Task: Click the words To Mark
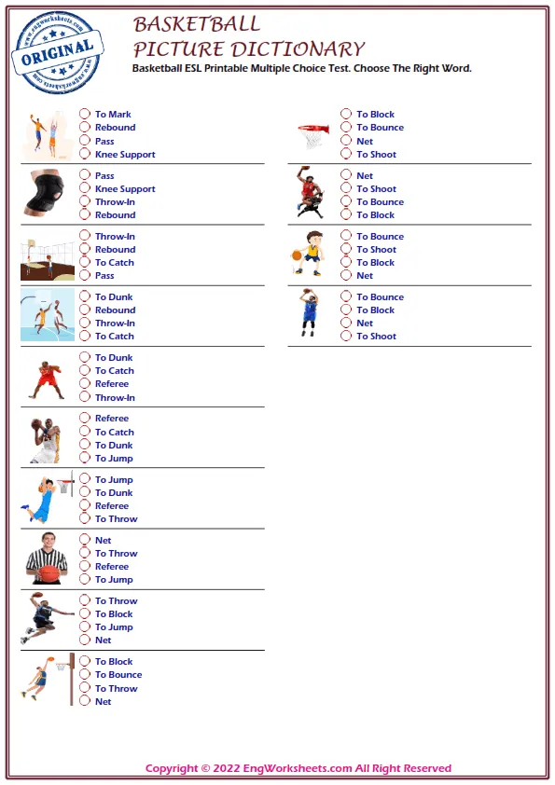(x=113, y=115)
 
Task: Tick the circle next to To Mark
(x=85, y=115)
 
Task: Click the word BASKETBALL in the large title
(x=197, y=24)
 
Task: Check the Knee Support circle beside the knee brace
(x=85, y=188)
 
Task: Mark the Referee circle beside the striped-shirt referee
(x=85, y=566)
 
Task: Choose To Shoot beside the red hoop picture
(x=346, y=154)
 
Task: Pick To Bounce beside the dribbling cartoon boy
(x=346, y=237)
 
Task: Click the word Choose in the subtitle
(x=353, y=68)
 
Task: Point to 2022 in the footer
(x=229, y=768)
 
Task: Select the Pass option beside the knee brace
(x=85, y=175)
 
